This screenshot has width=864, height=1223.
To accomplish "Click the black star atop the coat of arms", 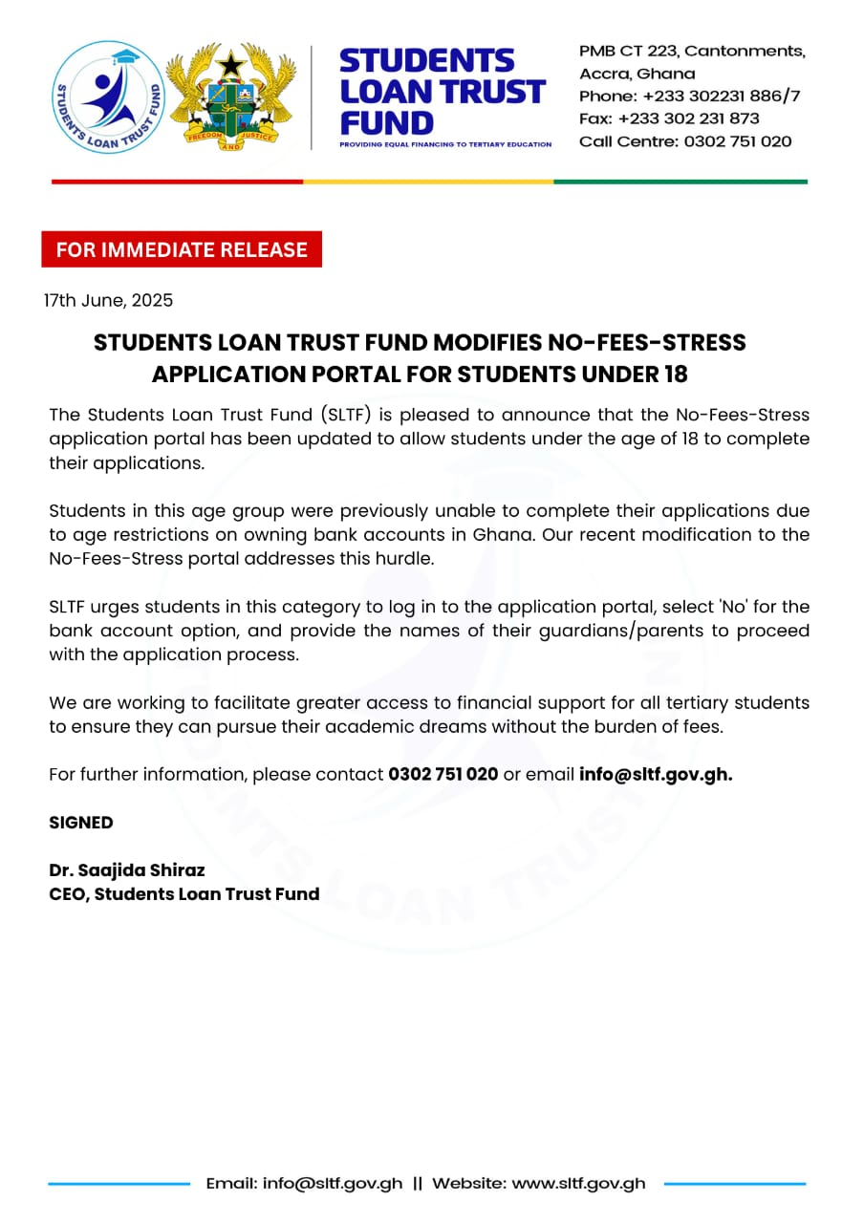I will click(x=230, y=65).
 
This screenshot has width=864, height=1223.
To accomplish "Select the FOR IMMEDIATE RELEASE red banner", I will click(x=182, y=249).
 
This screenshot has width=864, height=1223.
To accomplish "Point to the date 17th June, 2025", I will click(x=108, y=300).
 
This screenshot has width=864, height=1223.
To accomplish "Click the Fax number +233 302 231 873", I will click(x=669, y=118).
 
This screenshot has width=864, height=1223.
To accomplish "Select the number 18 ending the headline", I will click(x=674, y=374).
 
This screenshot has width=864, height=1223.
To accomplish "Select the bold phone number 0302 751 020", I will click(x=443, y=774).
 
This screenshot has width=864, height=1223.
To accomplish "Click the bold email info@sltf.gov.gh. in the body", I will click(x=656, y=774).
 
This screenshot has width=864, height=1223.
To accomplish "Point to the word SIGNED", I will click(x=81, y=823).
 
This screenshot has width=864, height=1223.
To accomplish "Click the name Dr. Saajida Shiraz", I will click(x=127, y=870).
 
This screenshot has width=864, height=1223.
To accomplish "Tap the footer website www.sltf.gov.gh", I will click(x=578, y=1183).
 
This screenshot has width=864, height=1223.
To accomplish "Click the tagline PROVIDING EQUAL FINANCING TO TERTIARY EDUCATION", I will click(x=445, y=144).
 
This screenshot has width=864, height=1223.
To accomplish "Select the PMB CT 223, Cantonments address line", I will click(x=692, y=51).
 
